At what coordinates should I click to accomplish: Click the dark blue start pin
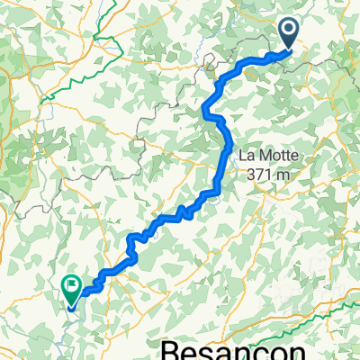point(290,34)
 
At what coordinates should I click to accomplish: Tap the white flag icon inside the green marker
point(71,285)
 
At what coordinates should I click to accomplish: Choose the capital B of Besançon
point(169,348)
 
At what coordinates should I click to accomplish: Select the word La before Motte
point(245,155)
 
